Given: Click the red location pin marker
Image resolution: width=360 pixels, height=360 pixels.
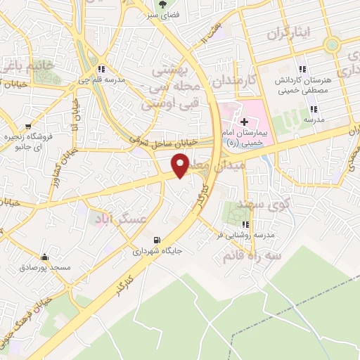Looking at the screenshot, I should point(181,165).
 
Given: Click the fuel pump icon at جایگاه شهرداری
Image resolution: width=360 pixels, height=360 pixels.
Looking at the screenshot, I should point(167,239).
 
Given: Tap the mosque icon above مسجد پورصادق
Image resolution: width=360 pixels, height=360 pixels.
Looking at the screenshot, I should point(45,257).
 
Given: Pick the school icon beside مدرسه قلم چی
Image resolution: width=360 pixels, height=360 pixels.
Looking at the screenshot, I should point(103,69).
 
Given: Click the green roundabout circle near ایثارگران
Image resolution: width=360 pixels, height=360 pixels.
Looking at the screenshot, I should point(331,45).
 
